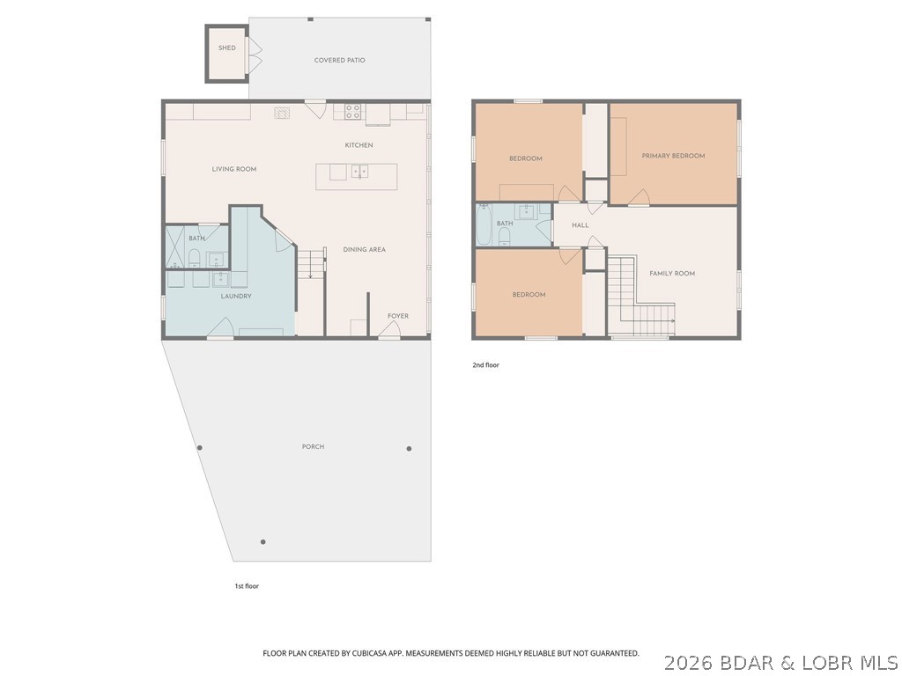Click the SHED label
(x=227, y=48)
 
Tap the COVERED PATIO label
(x=339, y=60)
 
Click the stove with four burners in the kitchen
(x=352, y=111)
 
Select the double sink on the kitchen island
(x=359, y=172)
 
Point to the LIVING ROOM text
(x=234, y=169)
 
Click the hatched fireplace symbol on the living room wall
(x=282, y=112)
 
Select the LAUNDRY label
(x=236, y=296)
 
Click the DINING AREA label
(x=365, y=249)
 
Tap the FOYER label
(x=398, y=316)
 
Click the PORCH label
(x=313, y=446)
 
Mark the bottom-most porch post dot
(x=262, y=541)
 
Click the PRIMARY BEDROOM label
(x=673, y=156)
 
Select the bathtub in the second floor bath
(x=484, y=225)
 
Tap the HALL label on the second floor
(x=580, y=225)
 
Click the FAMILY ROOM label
(x=672, y=273)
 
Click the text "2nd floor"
(x=485, y=364)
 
